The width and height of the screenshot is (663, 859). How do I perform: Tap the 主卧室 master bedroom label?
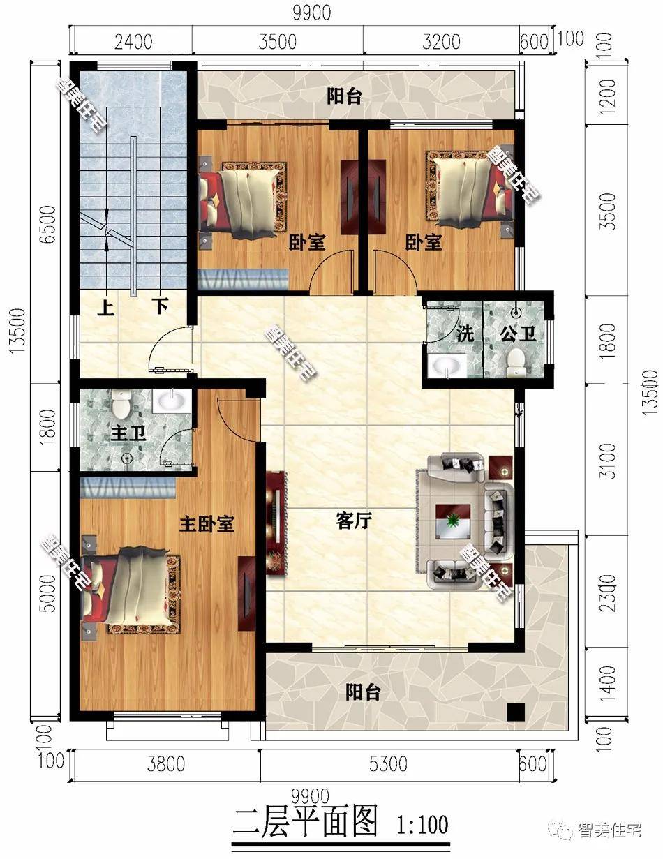click(206, 524)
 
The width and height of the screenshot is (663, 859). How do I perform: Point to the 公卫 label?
click(518, 334)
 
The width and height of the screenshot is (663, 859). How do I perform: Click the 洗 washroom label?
click(465, 334)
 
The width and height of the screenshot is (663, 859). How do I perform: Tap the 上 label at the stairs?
click(105, 307)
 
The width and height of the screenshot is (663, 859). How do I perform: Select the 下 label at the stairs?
click(161, 306)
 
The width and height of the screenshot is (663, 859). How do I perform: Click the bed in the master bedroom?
click(133, 590)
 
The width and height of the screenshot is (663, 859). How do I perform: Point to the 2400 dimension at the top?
click(133, 42)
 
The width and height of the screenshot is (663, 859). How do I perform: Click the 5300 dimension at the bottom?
click(389, 764)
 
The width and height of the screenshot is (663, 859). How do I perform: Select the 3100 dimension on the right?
click(609, 461)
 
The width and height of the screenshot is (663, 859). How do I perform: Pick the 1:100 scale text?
click(422, 824)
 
